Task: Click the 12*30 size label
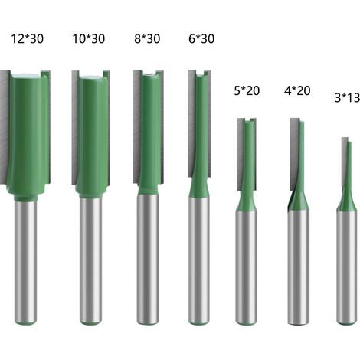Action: (28, 39)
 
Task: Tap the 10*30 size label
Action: (89, 39)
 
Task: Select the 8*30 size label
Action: (147, 39)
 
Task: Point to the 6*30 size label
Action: (201, 39)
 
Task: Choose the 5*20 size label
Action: (247, 90)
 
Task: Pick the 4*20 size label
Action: (297, 90)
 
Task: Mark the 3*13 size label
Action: (347, 97)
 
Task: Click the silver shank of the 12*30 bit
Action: (25, 262)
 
